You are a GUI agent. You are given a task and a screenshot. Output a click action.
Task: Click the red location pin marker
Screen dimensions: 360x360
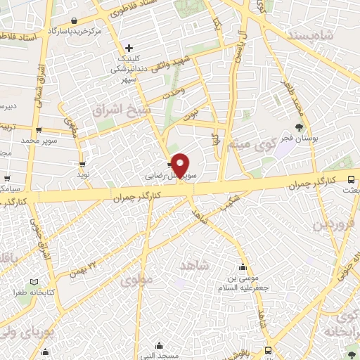[x=181, y=165]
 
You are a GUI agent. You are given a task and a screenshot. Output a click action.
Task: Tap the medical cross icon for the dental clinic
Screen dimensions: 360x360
[x=129, y=47]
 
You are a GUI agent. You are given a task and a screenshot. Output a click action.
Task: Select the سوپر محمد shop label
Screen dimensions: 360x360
[x=38, y=141]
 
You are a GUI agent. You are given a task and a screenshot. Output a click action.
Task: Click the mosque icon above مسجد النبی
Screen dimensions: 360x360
[x=159, y=345]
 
